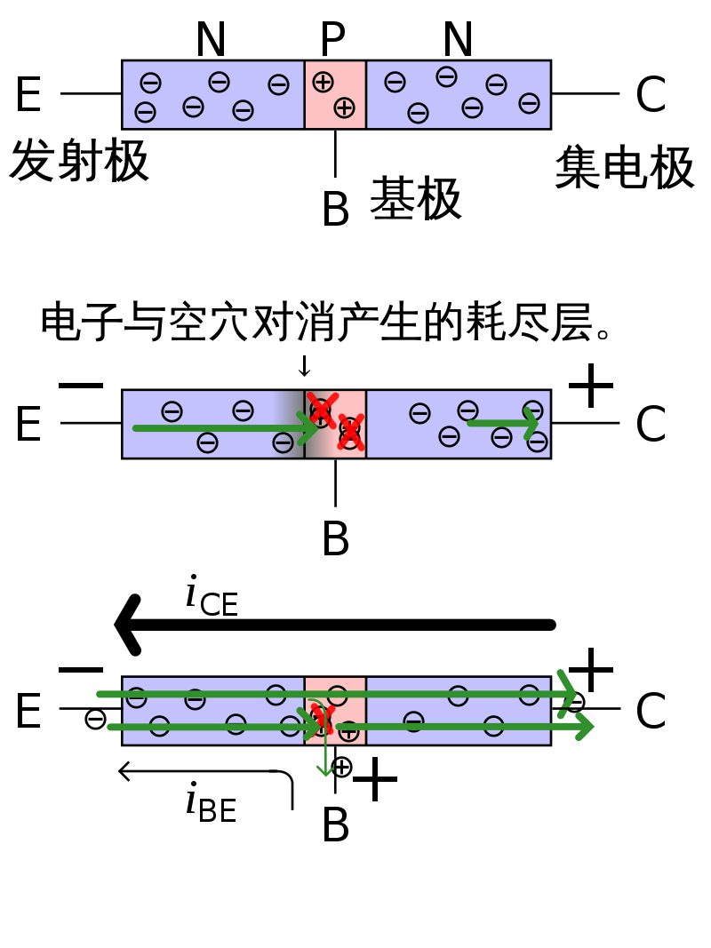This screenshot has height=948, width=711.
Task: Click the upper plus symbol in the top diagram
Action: [323, 82]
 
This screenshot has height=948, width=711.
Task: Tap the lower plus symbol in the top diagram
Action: [344, 108]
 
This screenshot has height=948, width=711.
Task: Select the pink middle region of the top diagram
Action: [335, 95]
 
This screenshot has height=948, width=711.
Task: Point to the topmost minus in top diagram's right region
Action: [446, 76]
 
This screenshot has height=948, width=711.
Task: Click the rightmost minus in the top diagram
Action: [529, 103]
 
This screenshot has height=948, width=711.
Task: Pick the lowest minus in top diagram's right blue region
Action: [418, 113]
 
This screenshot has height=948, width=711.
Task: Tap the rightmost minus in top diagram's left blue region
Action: [278, 84]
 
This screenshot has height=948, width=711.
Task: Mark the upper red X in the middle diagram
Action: [322, 409]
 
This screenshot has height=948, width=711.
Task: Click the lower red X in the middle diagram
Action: [350, 433]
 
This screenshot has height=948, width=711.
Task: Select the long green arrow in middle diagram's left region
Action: [213, 428]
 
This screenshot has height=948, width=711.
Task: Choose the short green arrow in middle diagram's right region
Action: [502, 422]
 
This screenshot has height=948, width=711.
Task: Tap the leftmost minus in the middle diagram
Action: [172, 411]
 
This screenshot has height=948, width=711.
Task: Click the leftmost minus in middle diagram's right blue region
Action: [419, 413]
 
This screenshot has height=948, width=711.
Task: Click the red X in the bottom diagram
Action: [322, 718]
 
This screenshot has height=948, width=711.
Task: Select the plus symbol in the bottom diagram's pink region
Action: [348, 731]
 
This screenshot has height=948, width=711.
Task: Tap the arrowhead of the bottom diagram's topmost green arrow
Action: [567, 692]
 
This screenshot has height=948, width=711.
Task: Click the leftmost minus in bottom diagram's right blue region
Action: [413, 721]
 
